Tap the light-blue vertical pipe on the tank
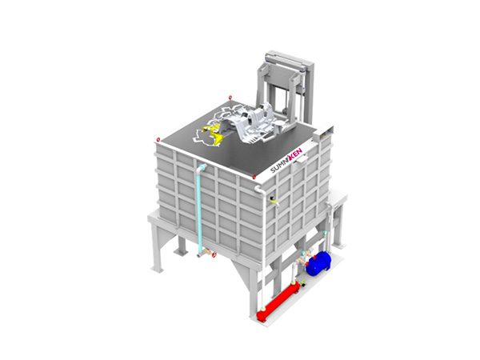tap(200, 212)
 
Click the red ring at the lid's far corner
tap(230, 98)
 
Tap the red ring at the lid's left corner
tap(158, 139)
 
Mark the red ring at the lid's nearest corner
tap(254, 177)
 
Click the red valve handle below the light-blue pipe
tap(214, 254)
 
